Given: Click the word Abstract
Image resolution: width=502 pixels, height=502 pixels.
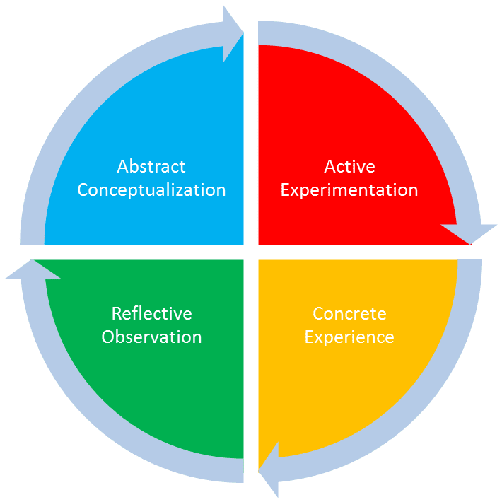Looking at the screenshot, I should (x=151, y=167).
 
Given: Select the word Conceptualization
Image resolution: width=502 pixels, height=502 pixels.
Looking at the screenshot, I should (x=151, y=190).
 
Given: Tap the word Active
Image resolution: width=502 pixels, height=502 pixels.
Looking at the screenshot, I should (x=349, y=167).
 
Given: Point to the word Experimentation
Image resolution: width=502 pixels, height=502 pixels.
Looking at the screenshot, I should (x=349, y=190).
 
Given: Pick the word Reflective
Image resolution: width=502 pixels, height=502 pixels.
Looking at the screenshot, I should (x=151, y=313).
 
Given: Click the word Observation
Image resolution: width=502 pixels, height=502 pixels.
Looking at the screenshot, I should (x=151, y=337).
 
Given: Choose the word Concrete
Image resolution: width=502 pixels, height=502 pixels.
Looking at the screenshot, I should (x=349, y=313).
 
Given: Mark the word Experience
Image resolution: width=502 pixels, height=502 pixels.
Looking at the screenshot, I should (x=349, y=337).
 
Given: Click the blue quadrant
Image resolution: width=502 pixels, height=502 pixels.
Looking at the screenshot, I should (x=170, y=113).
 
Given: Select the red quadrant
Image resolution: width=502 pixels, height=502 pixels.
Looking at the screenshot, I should (x=325, y=113).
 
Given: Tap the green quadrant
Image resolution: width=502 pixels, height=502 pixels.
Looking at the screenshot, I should (x=170, y=396).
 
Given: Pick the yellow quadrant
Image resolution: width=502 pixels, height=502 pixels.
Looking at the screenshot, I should (x=325, y=396).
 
